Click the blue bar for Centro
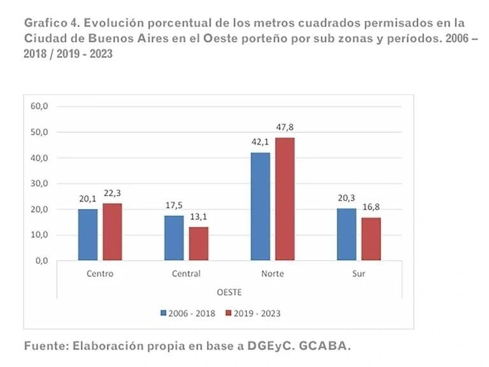coord(88,234)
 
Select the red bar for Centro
coord(111,232)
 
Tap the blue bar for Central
coord(174,238)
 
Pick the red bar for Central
coord(198,243)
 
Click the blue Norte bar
coord(260,206)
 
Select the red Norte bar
coord(284,199)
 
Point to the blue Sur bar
coord(346,234)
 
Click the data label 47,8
coord(284,127)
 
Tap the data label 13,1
coord(198,217)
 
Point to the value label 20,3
coord(346,198)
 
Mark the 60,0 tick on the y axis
coord(39,106)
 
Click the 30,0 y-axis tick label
coord(39,183)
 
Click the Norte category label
coord(272,274)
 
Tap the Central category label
coord(186,274)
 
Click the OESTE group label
coord(229,292)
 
